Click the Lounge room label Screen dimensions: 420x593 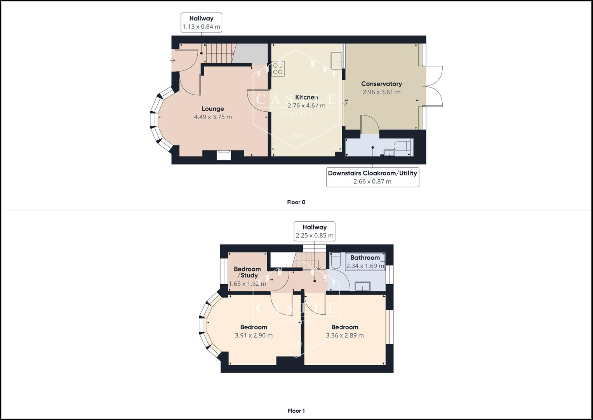[x=212, y=109]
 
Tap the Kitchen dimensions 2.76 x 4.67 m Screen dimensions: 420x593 [x=306, y=106]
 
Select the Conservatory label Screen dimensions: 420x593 [x=381, y=84]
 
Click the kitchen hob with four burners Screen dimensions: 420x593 [x=278, y=69]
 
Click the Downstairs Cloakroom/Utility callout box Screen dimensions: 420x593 [x=372, y=177]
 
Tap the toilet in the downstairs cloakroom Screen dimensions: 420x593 [x=403, y=147]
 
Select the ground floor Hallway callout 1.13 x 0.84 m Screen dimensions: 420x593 [x=201, y=23]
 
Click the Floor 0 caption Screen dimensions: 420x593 [x=296, y=202]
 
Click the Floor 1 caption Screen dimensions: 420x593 [x=296, y=411]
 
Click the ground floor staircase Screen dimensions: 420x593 [x=219, y=53]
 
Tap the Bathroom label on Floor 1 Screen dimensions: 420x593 [x=365, y=257]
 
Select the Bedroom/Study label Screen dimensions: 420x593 [x=247, y=272]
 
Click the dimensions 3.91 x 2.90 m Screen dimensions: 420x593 [x=254, y=336]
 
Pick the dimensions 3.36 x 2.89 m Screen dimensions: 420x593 [x=344, y=336]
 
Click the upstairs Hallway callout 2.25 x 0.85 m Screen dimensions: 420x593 [x=314, y=231]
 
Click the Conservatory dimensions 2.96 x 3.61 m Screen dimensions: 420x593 [x=381, y=92]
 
